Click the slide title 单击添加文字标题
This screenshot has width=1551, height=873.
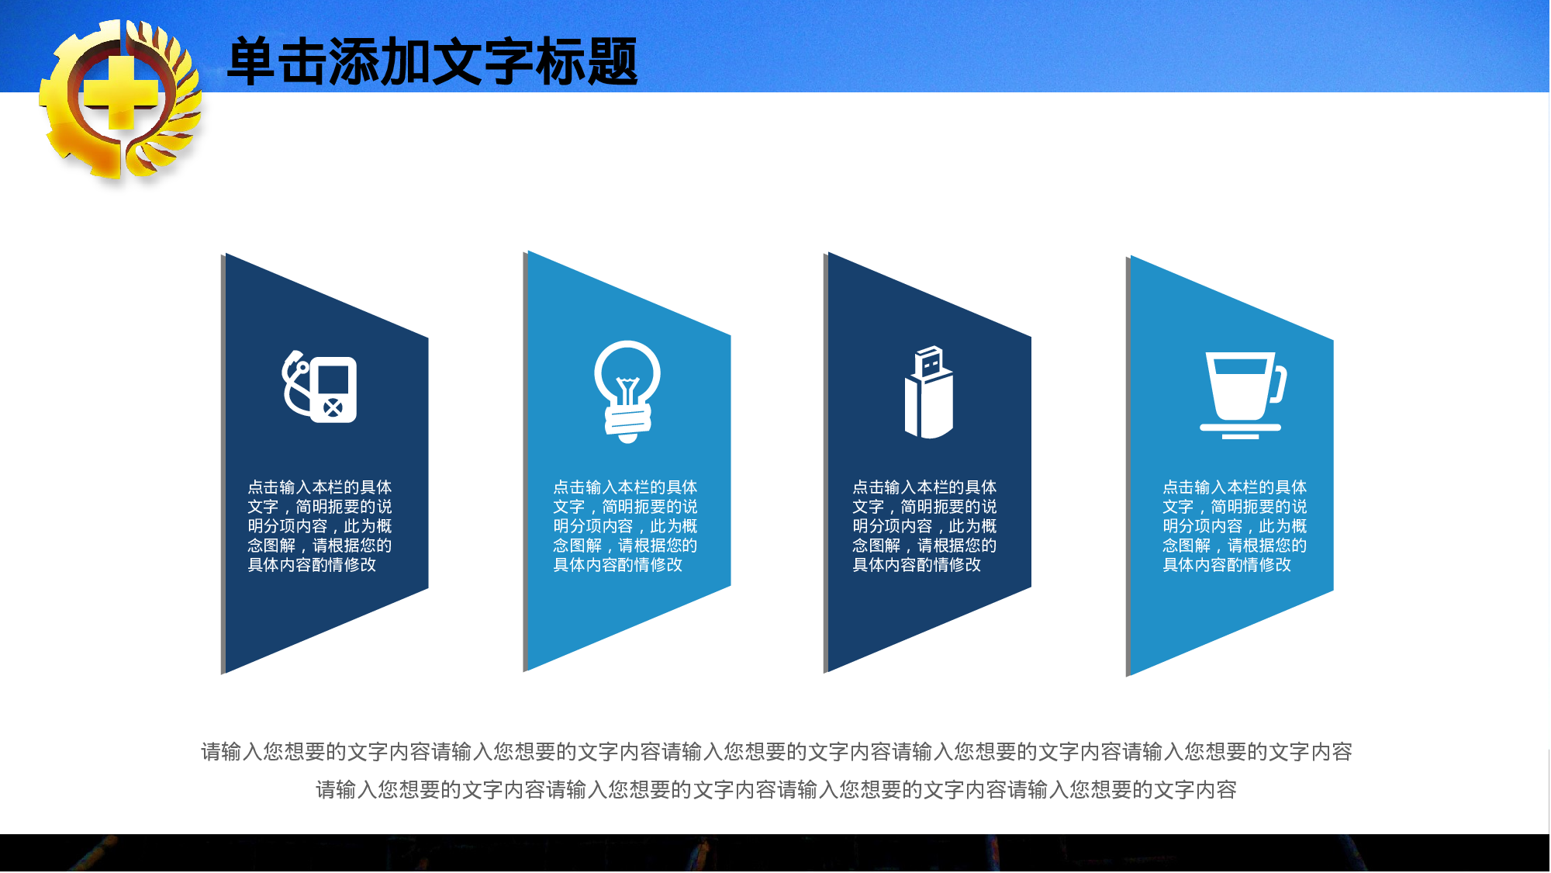[x=432, y=62]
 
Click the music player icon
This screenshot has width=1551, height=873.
[x=320, y=388]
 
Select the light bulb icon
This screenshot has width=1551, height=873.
[x=627, y=390]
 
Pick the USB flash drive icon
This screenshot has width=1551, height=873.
[x=928, y=393]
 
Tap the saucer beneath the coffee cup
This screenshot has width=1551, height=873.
[x=1240, y=428]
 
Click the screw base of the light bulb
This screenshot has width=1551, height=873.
[x=627, y=421]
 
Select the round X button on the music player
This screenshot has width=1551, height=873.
[x=333, y=408]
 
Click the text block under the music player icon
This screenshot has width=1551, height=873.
[x=320, y=526]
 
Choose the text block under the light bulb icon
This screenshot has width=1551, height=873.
[x=625, y=526]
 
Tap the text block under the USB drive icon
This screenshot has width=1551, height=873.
[x=924, y=526]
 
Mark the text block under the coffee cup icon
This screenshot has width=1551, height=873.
[x=1235, y=526]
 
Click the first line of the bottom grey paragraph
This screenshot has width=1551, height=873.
[x=776, y=752]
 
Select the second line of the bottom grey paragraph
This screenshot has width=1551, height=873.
[x=776, y=790]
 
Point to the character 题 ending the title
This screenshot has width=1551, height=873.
[x=613, y=62]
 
